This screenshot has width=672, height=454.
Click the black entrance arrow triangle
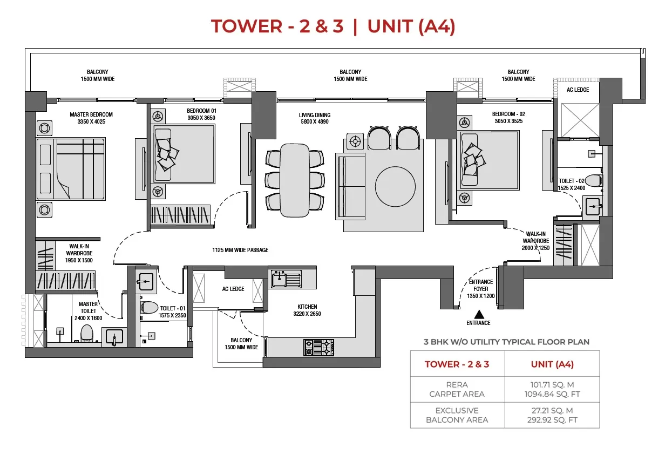(478, 313)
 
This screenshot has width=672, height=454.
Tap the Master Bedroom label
(91, 114)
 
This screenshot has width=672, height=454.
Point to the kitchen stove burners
(319, 347)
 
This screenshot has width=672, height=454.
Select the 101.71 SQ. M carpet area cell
(551, 384)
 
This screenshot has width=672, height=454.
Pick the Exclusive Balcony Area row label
(457, 415)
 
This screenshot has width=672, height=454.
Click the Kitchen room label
(307, 307)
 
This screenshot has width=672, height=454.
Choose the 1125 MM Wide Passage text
(240, 250)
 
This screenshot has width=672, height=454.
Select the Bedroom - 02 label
(508, 114)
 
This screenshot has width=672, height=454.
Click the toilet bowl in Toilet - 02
(593, 180)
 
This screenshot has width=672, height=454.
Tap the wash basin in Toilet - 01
(146, 280)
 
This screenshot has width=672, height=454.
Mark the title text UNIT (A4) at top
(411, 26)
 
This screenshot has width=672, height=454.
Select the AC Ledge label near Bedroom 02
(578, 90)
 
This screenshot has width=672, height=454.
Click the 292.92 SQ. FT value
(551, 420)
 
